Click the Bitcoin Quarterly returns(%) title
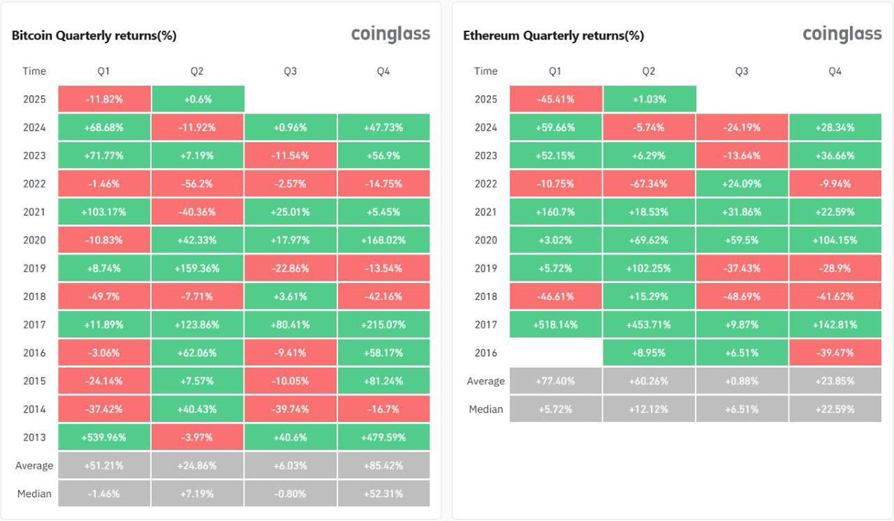point(94,35)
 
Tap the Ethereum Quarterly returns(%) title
point(554,35)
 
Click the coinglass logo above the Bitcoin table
point(390,34)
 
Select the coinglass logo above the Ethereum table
point(842,34)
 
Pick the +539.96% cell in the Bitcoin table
point(104,437)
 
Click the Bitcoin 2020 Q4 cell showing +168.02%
point(384,240)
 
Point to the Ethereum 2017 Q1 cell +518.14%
point(556,325)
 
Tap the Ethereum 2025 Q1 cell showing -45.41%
point(556,99)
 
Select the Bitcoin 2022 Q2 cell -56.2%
point(197,183)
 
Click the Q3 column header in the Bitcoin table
point(291,71)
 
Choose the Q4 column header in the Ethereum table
point(835,71)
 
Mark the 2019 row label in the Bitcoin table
point(34,268)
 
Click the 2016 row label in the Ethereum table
point(486,353)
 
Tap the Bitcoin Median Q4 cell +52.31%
point(384,493)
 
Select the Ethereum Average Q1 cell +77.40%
point(556,381)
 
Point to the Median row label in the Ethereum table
point(486,409)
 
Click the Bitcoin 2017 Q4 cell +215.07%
point(384,325)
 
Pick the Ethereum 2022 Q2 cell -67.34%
point(649,183)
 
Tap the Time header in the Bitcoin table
point(34,71)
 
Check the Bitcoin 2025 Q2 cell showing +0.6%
point(197,99)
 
